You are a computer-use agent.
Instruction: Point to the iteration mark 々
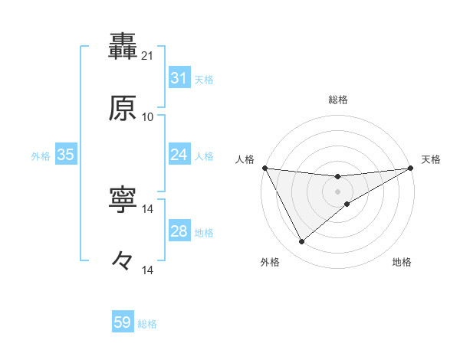click(123, 261)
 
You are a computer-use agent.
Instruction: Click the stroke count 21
click(148, 55)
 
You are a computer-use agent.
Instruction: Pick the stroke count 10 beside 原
click(148, 117)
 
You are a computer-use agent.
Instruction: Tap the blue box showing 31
click(179, 78)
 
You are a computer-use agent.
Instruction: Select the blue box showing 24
click(179, 155)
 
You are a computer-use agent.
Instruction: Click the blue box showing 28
click(179, 231)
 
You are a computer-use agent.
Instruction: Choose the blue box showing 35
click(65, 155)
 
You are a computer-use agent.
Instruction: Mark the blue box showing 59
click(123, 322)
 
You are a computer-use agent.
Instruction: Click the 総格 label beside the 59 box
click(148, 324)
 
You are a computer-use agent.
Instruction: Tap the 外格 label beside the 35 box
click(41, 156)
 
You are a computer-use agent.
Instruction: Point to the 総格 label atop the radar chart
click(338, 100)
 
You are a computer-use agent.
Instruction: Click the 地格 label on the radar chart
click(402, 262)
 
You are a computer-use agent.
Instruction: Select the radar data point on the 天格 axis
click(411, 168)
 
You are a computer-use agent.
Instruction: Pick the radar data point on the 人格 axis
click(265, 168)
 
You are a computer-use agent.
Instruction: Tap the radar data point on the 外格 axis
click(301, 242)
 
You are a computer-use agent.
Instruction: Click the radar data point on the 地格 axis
click(347, 204)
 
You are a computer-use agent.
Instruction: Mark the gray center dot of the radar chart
click(338, 191)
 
